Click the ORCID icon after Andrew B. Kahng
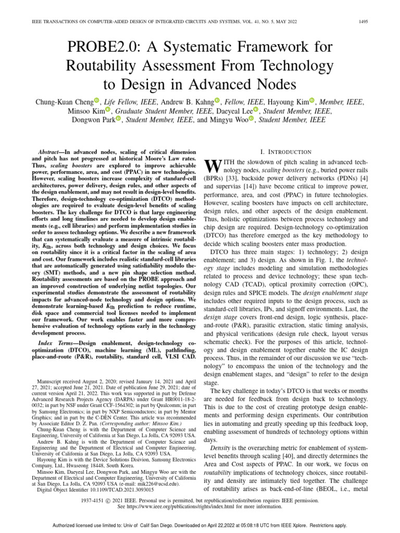218,100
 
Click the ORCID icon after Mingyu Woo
252,119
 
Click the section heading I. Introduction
281,151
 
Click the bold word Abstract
55,149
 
